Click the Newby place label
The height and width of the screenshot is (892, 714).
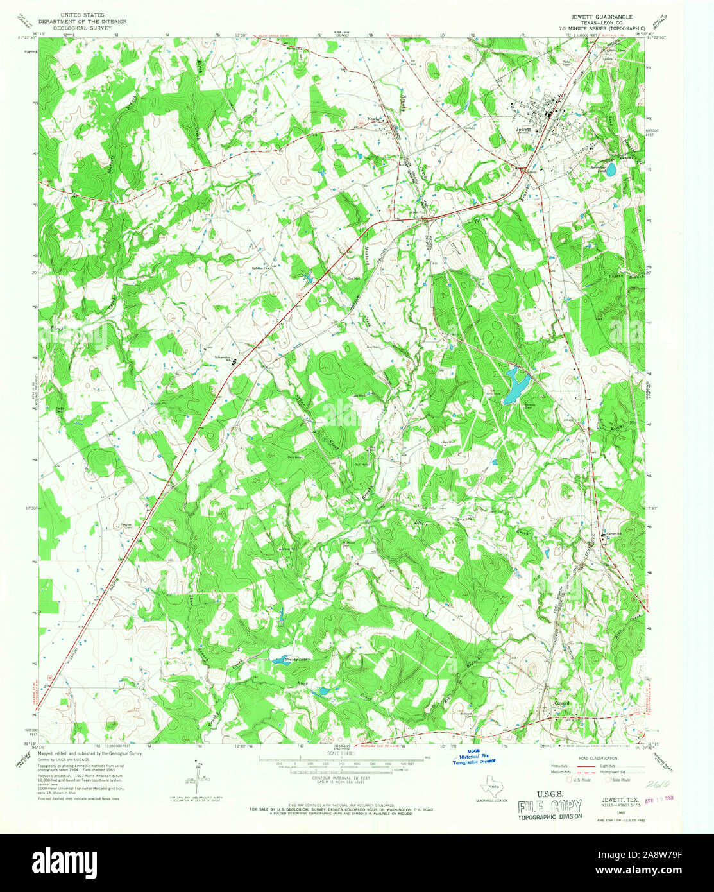coord(375,119)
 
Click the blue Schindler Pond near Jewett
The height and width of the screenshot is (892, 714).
coord(611,170)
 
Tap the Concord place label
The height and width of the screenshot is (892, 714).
coord(562,703)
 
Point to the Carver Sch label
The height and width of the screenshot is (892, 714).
coord(616,533)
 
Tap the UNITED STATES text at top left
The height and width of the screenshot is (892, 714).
coord(83,14)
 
